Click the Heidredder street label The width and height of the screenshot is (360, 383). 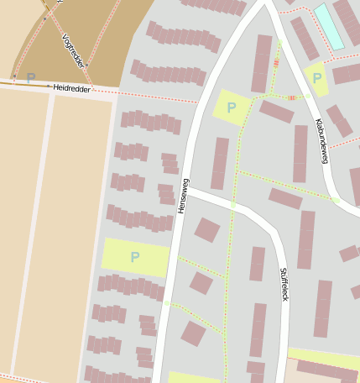pyautogui.click(x=70, y=87)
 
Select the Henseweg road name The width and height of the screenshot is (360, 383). pyautogui.click(x=183, y=195)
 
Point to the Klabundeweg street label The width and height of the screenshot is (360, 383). pyautogui.click(x=320, y=139)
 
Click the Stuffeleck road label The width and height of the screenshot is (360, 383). pyautogui.click(x=284, y=286)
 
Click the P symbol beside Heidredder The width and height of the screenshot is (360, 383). pyautogui.click(x=31, y=78)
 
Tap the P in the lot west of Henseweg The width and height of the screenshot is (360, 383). pyautogui.click(x=134, y=257)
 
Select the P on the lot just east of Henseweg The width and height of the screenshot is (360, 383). pyautogui.click(x=232, y=108)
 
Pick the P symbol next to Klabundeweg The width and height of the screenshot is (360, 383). pyautogui.click(x=317, y=78)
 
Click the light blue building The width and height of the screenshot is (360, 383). pyautogui.click(x=329, y=25)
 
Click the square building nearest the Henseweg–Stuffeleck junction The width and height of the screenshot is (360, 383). pyautogui.click(x=206, y=229)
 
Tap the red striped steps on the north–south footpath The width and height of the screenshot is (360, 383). pyautogui.click(x=276, y=62)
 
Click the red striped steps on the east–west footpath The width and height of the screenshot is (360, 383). pyautogui.click(x=292, y=98)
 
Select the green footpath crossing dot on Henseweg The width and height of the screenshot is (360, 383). pyautogui.click(x=166, y=302)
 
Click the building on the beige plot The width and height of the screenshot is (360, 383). pyautogui.click(x=326, y=370)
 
